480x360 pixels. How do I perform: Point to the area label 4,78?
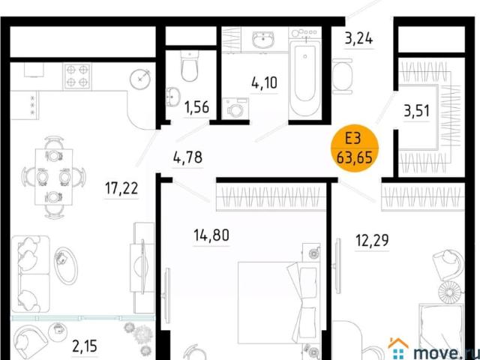point(187,157)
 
